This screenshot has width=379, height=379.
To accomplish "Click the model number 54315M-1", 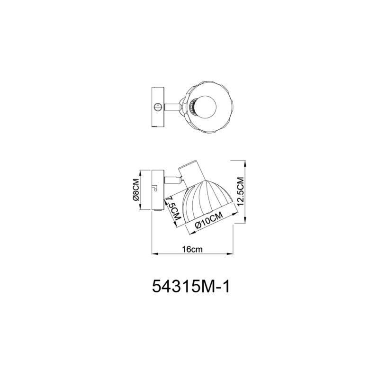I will (191, 287).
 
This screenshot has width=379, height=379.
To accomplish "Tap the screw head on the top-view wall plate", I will (158, 107).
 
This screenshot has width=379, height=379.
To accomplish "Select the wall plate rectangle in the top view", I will (158, 107).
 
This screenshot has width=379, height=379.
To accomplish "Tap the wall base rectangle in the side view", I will (156, 189).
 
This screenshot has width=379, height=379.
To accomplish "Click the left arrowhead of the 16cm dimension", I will (152, 254).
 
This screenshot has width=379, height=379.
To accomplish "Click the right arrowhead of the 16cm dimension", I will (234, 254).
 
